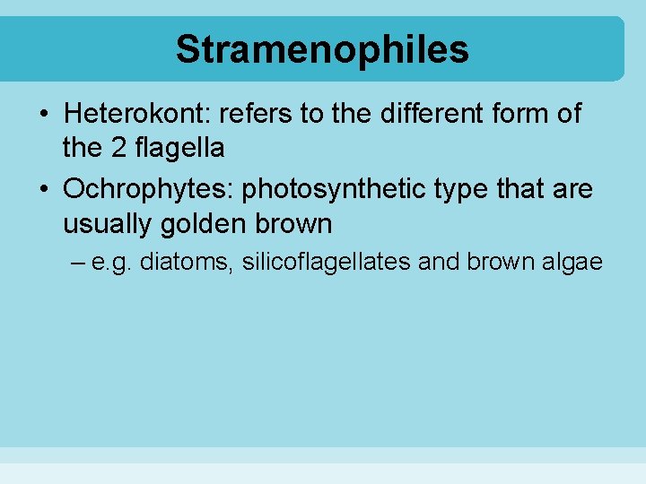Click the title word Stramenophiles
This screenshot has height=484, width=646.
[x=322, y=49]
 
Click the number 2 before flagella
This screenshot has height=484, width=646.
[x=118, y=148]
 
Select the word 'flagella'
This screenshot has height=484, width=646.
[x=179, y=148]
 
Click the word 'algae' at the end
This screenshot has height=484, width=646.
[x=573, y=263]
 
